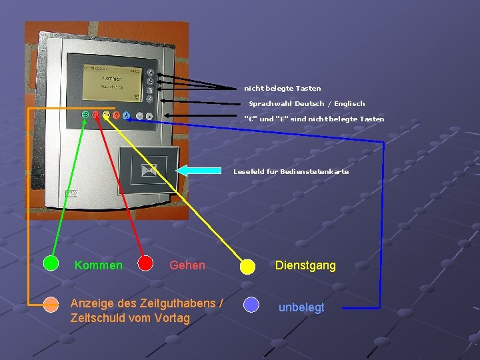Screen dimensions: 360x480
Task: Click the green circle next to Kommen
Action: pyautogui.click(x=51, y=263)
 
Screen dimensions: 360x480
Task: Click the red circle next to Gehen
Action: pyautogui.click(x=145, y=263)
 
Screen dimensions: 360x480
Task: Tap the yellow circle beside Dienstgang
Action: pyautogui.click(x=247, y=267)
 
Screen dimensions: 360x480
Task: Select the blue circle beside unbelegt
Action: pyautogui.click(x=251, y=305)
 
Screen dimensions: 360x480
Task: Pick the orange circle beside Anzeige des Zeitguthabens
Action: pyautogui.click(x=51, y=305)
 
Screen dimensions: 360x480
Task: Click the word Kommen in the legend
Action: pyautogui.click(x=99, y=265)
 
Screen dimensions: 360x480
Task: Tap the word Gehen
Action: pyautogui.click(x=187, y=265)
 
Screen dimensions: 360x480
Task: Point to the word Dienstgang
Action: pyautogui.click(x=305, y=265)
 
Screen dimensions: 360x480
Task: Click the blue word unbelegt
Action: pyautogui.click(x=301, y=307)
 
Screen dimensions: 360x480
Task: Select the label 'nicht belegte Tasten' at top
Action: pyautogui.click(x=282, y=88)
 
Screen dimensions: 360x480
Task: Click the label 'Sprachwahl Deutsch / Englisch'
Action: pyautogui.click(x=307, y=103)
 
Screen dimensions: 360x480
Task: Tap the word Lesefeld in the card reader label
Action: pyautogui.click(x=247, y=171)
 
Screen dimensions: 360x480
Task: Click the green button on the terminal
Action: pyautogui.click(x=86, y=115)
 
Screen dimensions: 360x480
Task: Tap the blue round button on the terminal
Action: pyautogui.click(x=126, y=115)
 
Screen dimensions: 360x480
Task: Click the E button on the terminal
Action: pyautogui.click(x=149, y=116)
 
